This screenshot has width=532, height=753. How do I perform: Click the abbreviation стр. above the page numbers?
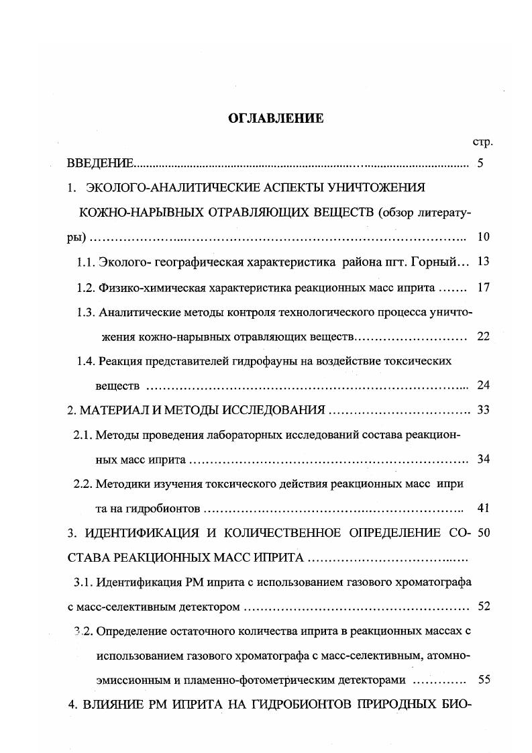(482, 142)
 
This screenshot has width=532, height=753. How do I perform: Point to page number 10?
(483, 237)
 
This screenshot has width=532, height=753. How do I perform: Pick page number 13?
(484, 262)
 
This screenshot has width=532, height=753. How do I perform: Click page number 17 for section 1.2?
(484, 288)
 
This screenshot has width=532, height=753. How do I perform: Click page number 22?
(483, 337)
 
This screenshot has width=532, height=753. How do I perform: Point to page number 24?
(483, 385)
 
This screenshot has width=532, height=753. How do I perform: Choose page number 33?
(483, 410)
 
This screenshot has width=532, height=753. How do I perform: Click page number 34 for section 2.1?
(483, 460)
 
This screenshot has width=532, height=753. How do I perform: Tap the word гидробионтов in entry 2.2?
(168, 508)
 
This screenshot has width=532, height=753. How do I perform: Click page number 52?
(483, 607)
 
